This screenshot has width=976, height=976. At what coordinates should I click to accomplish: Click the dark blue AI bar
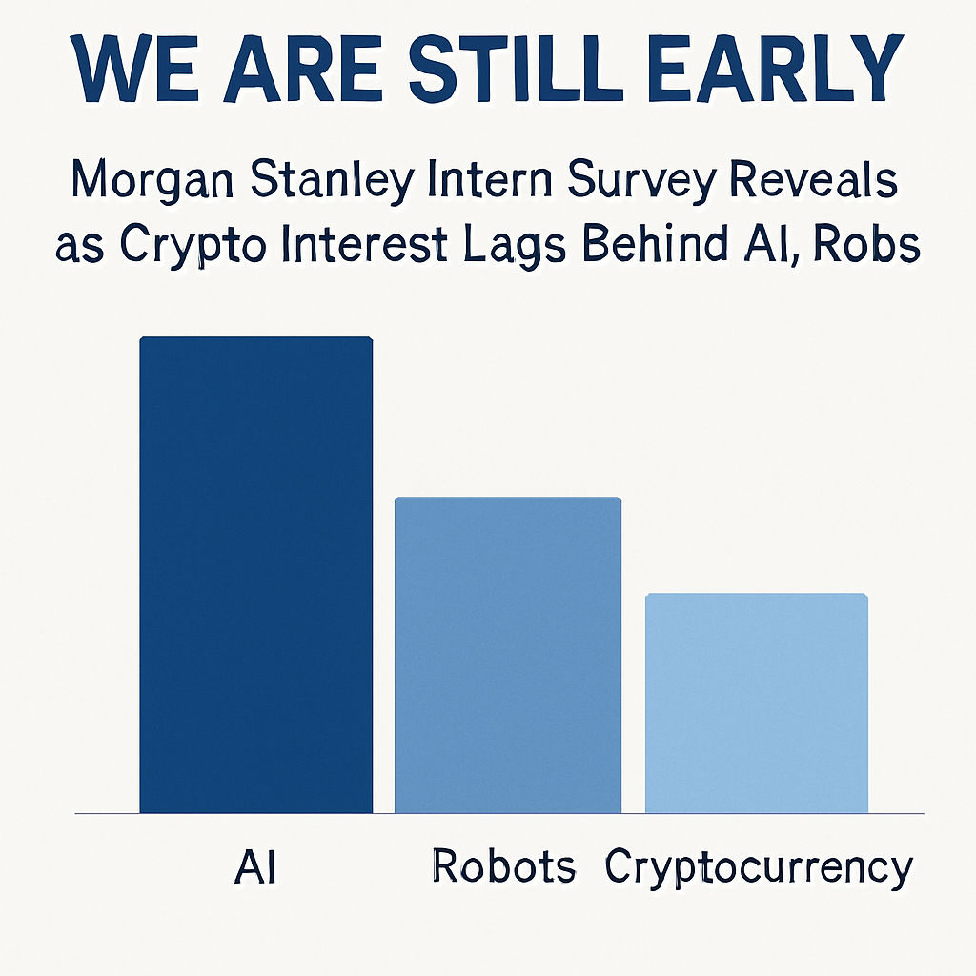click(255, 575)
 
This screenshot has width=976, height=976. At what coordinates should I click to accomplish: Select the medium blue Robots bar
click(508, 655)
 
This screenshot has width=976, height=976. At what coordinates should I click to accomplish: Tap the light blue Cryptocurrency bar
click(756, 702)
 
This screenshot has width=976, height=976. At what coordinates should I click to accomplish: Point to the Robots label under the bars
click(503, 865)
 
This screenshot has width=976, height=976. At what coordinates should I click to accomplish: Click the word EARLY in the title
click(776, 68)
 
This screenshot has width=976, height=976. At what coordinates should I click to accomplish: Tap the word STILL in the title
click(508, 69)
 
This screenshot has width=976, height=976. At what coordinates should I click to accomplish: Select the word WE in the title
click(137, 69)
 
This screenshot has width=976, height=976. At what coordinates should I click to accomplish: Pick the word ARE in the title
click(304, 69)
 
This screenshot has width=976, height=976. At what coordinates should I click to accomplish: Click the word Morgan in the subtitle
click(153, 180)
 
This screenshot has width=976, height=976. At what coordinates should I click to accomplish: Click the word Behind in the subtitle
click(654, 244)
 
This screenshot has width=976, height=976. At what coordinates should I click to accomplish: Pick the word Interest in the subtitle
click(365, 244)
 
